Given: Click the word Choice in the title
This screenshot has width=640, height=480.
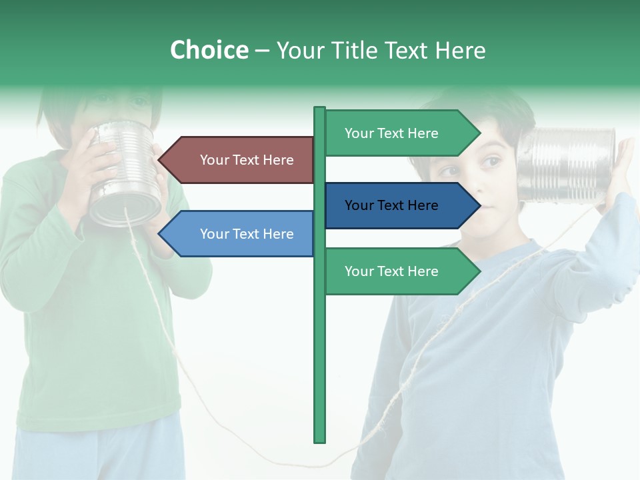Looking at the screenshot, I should coord(209,51).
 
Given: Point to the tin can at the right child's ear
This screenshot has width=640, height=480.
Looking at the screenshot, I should coord(566,165).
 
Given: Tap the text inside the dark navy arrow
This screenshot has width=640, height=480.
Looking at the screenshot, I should coord(391,205).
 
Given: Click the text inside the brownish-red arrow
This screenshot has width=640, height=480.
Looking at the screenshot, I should coord(247,160).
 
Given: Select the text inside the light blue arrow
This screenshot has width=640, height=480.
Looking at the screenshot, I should coord(247,234).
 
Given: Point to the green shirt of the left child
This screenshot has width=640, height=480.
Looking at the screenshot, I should coord(93,333).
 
